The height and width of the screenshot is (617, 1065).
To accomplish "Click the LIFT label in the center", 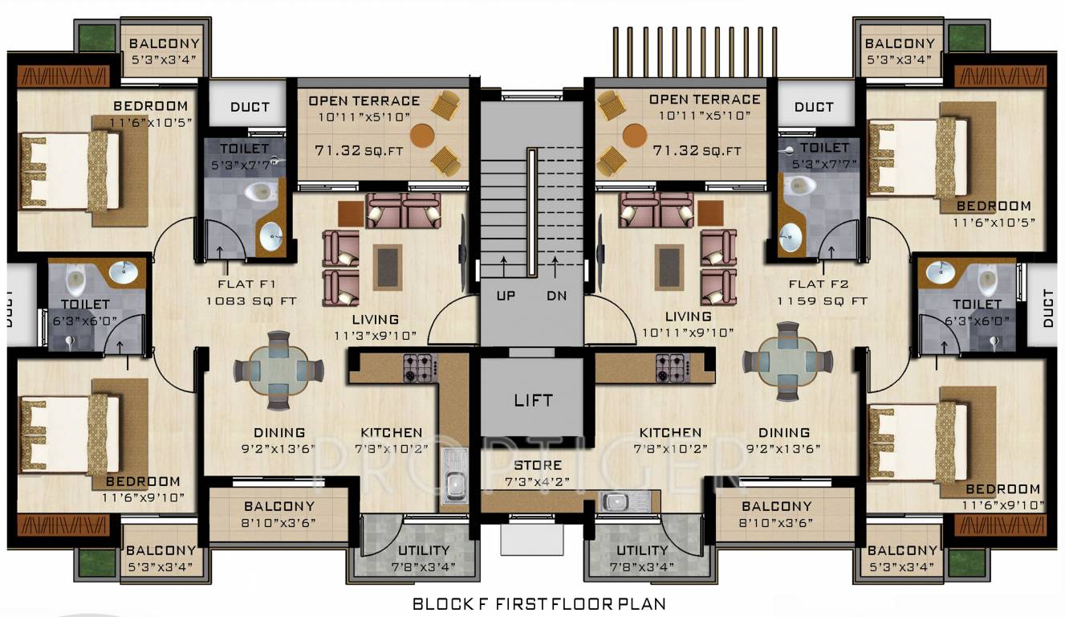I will [533, 400].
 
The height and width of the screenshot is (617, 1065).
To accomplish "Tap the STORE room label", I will [538, 465].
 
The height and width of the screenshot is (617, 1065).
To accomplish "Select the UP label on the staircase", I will [506, 296].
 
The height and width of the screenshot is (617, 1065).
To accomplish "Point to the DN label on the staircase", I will [556, 296].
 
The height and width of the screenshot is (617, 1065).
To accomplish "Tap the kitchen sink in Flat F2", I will [616, 502].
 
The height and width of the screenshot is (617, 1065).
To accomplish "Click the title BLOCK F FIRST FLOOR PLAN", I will [539, 603].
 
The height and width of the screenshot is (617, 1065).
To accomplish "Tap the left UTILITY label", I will [423, 550].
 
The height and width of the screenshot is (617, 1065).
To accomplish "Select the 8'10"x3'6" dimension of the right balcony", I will [776, 522].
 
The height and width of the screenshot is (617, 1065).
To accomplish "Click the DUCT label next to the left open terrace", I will [250, 107].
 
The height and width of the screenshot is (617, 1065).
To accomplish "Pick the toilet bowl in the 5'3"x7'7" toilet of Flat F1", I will [258, 192].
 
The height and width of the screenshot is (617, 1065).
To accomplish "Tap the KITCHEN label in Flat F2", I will [670, 433].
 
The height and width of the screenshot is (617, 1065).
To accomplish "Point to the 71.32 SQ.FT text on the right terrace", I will [697, 150].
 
